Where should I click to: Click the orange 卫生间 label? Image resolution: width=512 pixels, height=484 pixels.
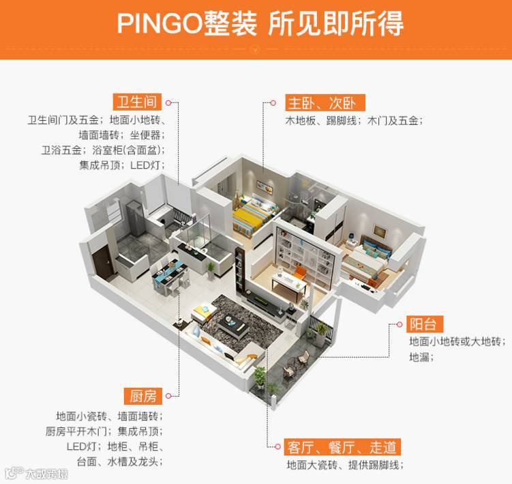[x=138, y=102]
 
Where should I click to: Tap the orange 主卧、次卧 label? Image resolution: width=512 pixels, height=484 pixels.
[x=325, y=103]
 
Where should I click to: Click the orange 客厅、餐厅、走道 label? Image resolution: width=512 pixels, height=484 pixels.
[x=342, y=448]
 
